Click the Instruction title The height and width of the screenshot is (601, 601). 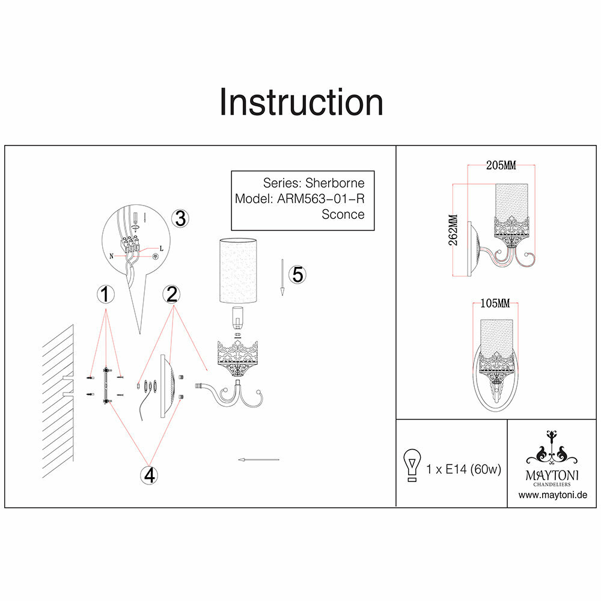coord(301,103)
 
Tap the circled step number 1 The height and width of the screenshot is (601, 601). coord(106,294)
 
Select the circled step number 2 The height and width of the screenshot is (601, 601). coord(172,294)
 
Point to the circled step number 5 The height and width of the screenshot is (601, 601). coord(297,274)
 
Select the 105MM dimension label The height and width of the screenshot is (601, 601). coord(495,304)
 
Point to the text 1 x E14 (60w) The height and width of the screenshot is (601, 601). coord(463,469)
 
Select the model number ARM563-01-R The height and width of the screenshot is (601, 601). coord(321,198)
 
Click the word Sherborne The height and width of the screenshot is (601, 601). coord(335,183)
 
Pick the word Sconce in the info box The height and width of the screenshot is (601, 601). coord(343,214)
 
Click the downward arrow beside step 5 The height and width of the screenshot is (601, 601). coord(281,278)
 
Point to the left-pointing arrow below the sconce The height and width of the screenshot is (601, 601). coord(258,460)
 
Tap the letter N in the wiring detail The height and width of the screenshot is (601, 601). coord(113,255)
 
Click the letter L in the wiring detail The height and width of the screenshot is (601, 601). coord(161,248)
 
